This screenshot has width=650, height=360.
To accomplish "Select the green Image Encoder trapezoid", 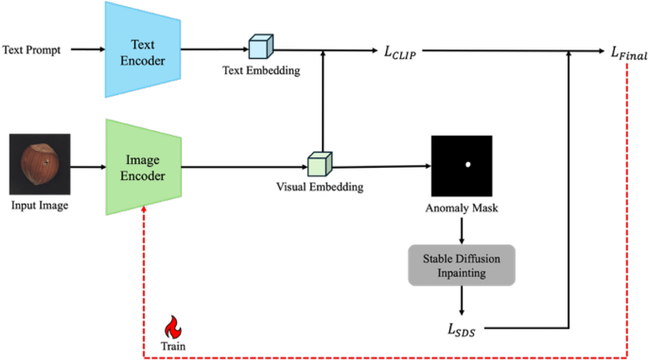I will pos(143,167).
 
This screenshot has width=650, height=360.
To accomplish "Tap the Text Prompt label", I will pos(32,50).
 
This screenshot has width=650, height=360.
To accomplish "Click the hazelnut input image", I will pos(40,164).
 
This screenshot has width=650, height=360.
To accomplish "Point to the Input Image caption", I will pos(39,205).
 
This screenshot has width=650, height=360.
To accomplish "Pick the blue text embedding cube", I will pos(260,47).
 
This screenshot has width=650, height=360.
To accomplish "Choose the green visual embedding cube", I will pos(320,164).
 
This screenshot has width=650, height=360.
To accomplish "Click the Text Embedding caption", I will pos(261,70).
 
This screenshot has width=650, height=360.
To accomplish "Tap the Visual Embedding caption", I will pos(320,187).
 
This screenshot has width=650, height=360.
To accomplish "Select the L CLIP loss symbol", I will pos(400,52).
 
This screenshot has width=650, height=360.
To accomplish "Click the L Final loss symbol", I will pos(629,53).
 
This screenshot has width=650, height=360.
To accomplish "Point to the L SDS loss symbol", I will pos(461,330).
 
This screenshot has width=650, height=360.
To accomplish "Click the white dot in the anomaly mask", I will pos(468,164).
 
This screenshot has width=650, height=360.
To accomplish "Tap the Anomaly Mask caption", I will pos(461,208).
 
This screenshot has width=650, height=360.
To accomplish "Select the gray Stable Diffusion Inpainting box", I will pos(461,265).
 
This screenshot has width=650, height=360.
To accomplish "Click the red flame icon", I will pos(173,327).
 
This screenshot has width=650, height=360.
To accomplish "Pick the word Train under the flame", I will pos(173,346).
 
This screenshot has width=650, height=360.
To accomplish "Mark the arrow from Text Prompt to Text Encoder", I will pos(88,49).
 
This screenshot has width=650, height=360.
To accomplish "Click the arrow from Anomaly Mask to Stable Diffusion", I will pos(461,231).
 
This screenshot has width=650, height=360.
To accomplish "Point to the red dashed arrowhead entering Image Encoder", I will pos(144,209).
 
